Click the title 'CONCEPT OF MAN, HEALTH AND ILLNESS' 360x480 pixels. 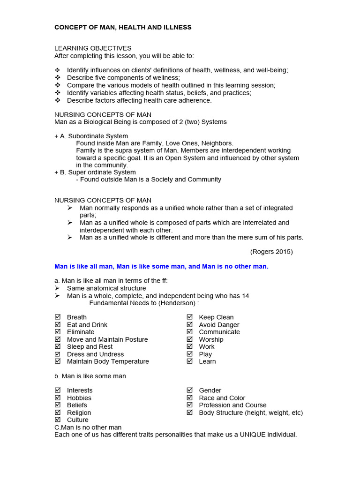[x=123, y=28]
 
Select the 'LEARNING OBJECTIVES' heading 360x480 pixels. [x=93, y=48]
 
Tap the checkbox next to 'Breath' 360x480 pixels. [x=58, y=317]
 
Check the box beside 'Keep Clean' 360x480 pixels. [x=189, y=317]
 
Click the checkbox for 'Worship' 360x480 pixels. [x=189, y=339]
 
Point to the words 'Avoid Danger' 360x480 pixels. [x=219, y=325]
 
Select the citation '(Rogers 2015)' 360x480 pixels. [x=271, y=252]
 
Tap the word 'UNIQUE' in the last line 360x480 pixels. [x=253, y=435]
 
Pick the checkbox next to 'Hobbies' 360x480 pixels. [x=58, y=398]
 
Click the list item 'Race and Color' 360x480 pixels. [x=222, y=398]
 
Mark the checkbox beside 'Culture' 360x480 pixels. [x=58, y=420]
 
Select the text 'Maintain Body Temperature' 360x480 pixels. [x=108, y=361]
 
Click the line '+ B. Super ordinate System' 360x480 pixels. [x=95, y=172]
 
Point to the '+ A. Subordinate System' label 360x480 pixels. [x=91, y=136]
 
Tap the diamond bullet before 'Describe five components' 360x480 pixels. [x=58, y=78]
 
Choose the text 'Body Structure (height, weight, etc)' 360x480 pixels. [x=251, y=413]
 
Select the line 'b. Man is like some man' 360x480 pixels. [x=90, y=376]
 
